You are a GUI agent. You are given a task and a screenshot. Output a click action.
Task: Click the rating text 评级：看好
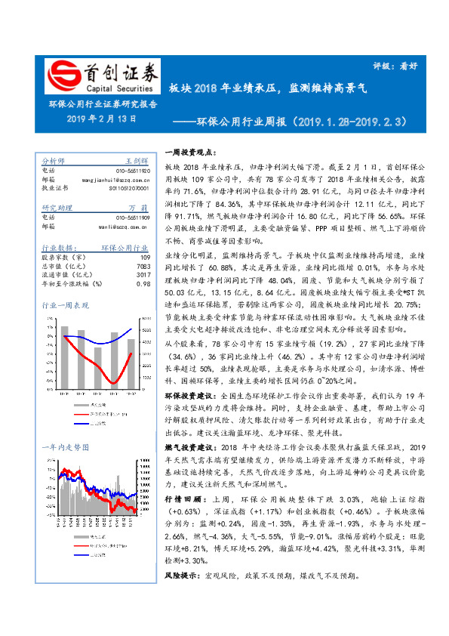coord(395,66)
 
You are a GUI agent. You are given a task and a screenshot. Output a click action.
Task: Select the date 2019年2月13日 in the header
coord(101,119)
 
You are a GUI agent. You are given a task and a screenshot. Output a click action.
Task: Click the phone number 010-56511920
coord(132,171)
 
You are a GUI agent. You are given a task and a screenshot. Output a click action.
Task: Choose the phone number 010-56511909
coord(132,217)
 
